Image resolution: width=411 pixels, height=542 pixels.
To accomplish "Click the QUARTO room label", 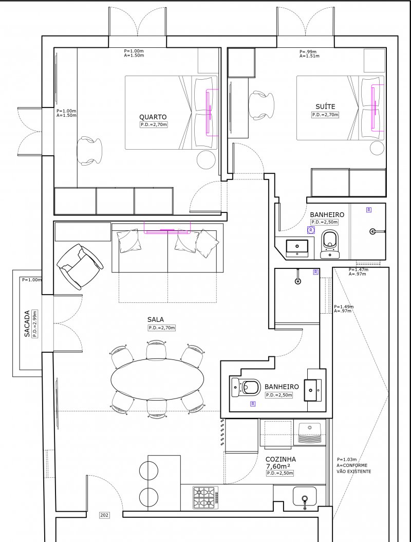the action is pos(153,117).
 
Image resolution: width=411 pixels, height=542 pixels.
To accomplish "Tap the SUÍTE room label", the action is pos(325,106).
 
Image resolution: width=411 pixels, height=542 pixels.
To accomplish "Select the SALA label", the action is pos(156,320).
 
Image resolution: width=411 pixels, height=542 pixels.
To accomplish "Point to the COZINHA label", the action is pos(281,459).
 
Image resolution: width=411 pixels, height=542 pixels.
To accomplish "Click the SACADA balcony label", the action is pos(27,324).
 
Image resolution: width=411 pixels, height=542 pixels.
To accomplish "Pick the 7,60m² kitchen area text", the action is pos(278,466).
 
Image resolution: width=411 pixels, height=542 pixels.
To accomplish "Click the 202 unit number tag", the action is pos(104,515).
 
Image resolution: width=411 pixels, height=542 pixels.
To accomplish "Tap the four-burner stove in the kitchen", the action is pos(206,497).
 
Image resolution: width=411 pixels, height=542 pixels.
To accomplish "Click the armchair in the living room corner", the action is pos(80,266).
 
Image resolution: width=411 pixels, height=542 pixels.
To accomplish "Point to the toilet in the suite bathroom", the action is pos(330,244).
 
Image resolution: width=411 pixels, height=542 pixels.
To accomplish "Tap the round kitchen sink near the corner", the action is pos(304,497).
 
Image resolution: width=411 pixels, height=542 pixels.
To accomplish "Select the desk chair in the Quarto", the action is pos(89,151).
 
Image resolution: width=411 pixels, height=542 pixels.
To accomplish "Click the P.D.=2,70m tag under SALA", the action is pos(162,328).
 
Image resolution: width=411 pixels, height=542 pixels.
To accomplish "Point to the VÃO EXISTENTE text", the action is pos(354,471).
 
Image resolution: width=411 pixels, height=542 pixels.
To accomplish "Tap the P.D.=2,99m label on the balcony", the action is pos(34,324).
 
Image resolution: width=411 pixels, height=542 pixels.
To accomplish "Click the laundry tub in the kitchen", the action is pos(310,432).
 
